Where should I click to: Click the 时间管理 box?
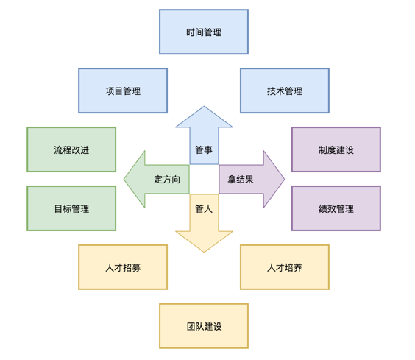[x=204, y=32]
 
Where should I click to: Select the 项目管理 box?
[x=123, y=91]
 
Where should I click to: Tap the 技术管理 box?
[x=285, y=91]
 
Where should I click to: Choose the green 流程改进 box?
[x=71, y=149]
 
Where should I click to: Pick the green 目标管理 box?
[x=71, y=208]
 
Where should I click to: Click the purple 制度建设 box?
[x=336, y=149]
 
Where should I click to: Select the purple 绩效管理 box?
[x=336, y=208]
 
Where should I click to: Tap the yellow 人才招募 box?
[x=123, y=267]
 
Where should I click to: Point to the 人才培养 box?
[x=285, y=267]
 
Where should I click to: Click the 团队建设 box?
[x=204, y=326]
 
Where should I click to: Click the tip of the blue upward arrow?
[x=204, y=106]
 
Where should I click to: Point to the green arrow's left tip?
[x=124, y=180]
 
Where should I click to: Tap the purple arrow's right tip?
[x=285, y=180]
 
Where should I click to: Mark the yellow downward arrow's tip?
[x=204, y=253]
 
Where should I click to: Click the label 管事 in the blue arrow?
[x=204, y=150]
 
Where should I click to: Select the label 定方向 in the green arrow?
[x=167, y=180]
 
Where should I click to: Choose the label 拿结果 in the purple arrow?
[x=241, y=180]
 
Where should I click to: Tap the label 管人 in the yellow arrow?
[x=204, y=209]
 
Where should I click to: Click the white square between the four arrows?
[x=204, y=180]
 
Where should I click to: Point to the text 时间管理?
[x=204, y=32]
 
